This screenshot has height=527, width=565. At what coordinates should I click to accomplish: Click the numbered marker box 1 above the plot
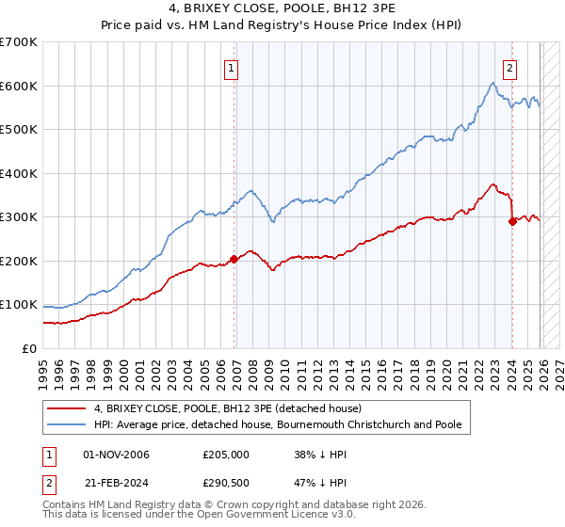231,67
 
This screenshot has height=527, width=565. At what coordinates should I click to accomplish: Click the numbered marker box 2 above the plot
509,67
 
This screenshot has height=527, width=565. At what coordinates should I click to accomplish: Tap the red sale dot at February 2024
512,222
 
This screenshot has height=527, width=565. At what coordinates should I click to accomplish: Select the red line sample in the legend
67,408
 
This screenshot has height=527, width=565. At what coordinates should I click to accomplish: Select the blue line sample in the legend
67,424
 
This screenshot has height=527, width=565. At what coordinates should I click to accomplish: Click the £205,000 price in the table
226,455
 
